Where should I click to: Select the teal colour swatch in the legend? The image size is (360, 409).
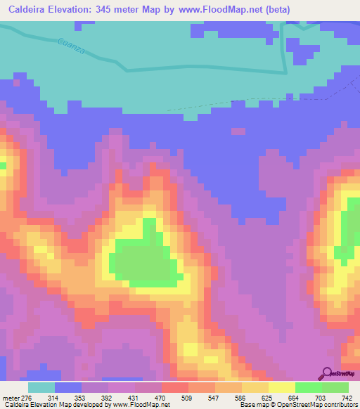(41, 387)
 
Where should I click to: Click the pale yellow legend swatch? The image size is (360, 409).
(281, 387)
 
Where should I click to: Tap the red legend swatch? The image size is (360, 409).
(174, 387)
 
